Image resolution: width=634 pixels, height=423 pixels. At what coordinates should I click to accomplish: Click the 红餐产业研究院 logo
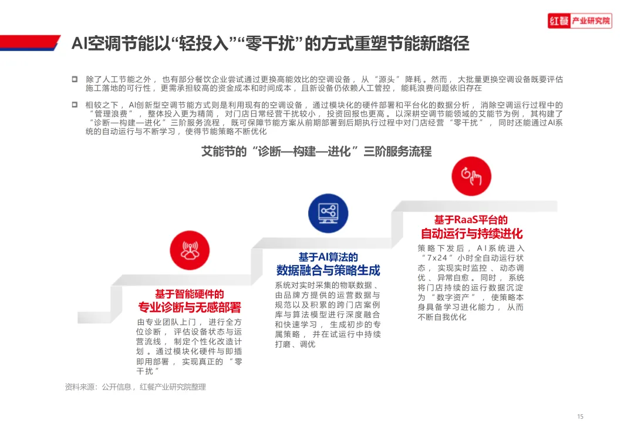[x=580, y=21]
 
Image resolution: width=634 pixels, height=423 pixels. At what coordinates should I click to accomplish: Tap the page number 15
[x=580, y=417]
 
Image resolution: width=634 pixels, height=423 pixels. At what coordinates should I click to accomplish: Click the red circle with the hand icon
[x=471, y=176]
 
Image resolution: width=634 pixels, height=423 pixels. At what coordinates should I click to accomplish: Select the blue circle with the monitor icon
[x=328, y=213]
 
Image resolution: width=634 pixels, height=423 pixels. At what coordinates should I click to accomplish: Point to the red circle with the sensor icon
[x=190, y=250]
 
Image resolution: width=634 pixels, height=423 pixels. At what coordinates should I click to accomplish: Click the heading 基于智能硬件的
[x=189, y=294]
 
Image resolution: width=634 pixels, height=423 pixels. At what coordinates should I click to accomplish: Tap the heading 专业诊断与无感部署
[x=189, y=308]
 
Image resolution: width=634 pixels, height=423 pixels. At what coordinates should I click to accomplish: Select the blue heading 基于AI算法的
[x=328, y=257]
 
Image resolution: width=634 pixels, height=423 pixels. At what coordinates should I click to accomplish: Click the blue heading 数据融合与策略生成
[x=328, y=270]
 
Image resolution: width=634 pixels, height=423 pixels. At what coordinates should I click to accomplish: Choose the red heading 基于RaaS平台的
[x=471, y=220]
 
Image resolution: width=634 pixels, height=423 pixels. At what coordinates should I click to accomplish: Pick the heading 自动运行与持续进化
[x=471, y=234]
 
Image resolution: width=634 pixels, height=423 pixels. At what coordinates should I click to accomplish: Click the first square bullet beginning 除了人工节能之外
[x=75, y=79]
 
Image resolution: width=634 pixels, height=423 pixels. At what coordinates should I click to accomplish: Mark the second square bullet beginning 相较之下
[x=75, y=105]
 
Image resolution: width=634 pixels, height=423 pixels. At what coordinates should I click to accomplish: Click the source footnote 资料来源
[x=136, y=387]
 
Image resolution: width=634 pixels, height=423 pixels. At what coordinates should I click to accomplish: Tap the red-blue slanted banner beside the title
[x=31, y=43]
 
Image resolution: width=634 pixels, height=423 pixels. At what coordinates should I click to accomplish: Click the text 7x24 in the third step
[x=437, y=258]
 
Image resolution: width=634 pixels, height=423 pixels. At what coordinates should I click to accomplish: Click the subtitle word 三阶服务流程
[x=397, y=152]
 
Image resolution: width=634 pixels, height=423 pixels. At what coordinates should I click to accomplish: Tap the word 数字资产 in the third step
[x=453, y=297]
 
